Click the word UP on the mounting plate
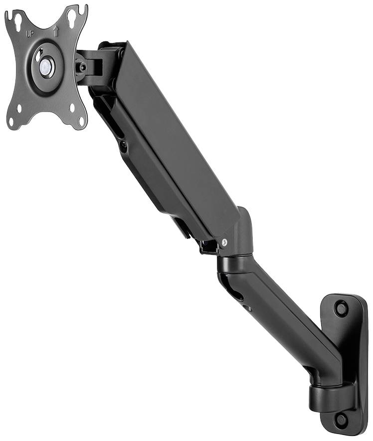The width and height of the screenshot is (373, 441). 29,34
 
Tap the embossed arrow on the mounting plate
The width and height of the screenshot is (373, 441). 56,31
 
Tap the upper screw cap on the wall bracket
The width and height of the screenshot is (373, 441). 341,308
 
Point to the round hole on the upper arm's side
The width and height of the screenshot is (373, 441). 123,146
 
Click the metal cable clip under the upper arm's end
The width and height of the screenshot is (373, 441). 208,246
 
